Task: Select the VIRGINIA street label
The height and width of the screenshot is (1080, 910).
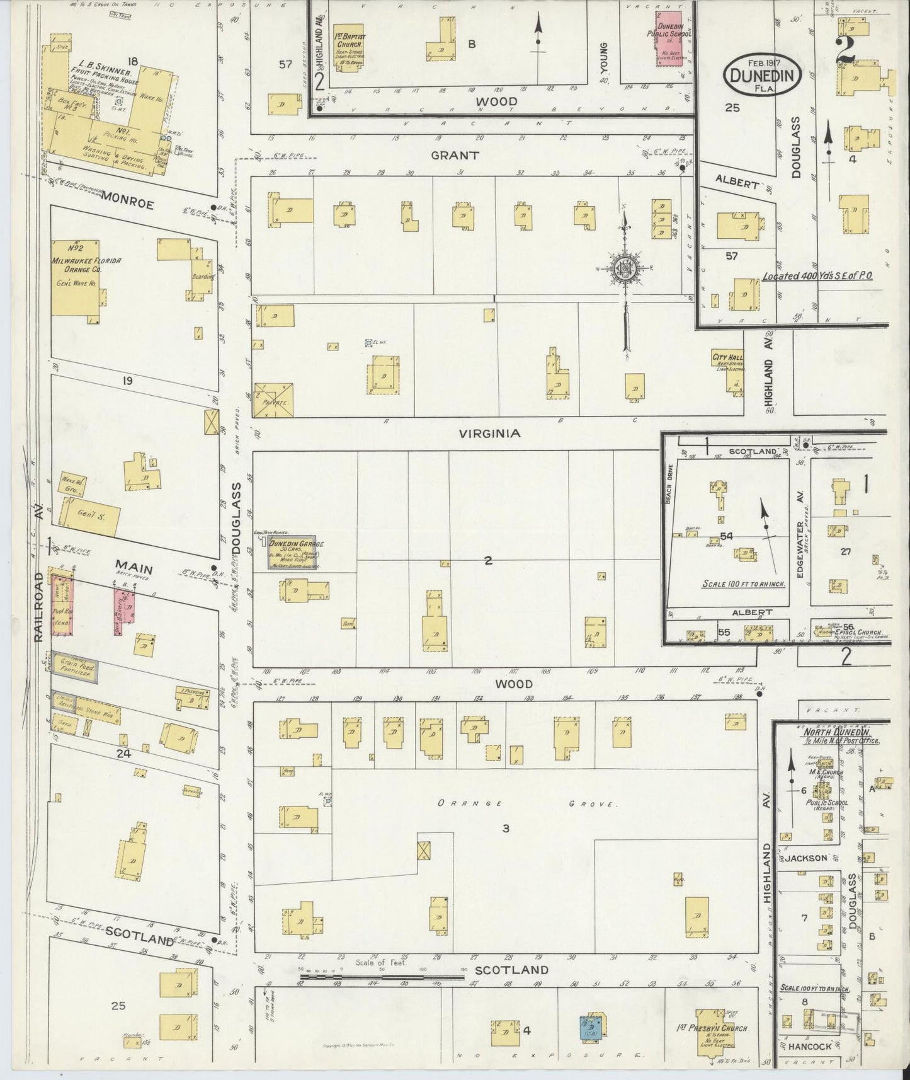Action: coord(489,434)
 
